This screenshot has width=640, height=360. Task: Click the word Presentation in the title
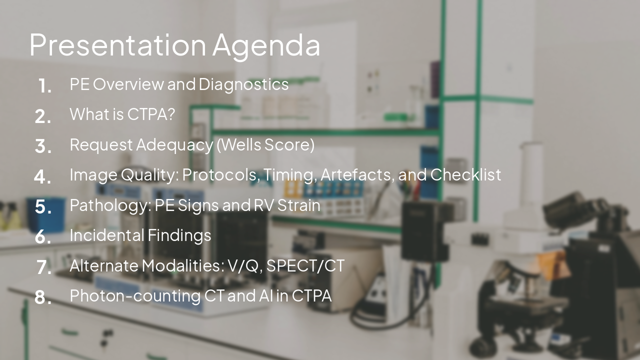(x=117, y=44)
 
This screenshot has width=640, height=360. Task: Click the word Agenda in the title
(x=266, y=45)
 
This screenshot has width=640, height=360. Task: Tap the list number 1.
(x=44, y=86)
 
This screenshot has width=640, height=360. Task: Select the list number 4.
(x=43, y=176)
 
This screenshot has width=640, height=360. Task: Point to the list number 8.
(x=43, y=297)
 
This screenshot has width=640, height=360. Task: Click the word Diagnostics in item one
(x=243, y=84)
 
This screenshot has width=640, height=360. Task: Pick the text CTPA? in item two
(x=151, y=114)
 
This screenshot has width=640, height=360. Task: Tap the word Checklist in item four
(x=465, y=175)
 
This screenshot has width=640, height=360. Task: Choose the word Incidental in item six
(x=104, y=235)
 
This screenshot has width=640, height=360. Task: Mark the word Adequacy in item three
(x=174, y=145)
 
